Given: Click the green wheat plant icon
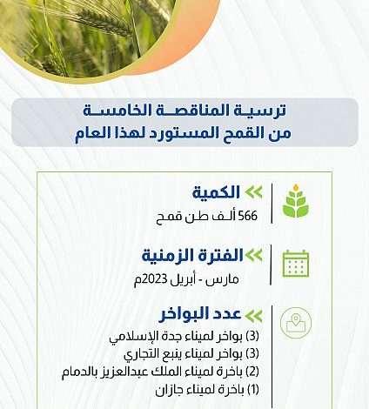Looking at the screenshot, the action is (x=296, y=201).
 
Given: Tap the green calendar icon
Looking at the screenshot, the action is (x=296, y=264).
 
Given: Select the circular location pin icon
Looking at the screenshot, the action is (x=296, y=323).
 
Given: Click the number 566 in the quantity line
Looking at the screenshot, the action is (x=247, y=216).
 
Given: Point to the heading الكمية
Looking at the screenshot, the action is (x=216, y=192).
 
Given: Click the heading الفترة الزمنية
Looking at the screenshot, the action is (x=192, y=256).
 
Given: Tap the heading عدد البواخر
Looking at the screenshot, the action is (x=200, y=314).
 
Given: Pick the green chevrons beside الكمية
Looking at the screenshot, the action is (x=254, y=192).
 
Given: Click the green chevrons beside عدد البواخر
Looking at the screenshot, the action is (x=254, y=316).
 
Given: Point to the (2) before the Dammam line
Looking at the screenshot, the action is (x=252, y=372).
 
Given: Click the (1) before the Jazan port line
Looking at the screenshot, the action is (x=253, y=390).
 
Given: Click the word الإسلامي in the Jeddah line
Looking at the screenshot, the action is (x=132, y=337).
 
